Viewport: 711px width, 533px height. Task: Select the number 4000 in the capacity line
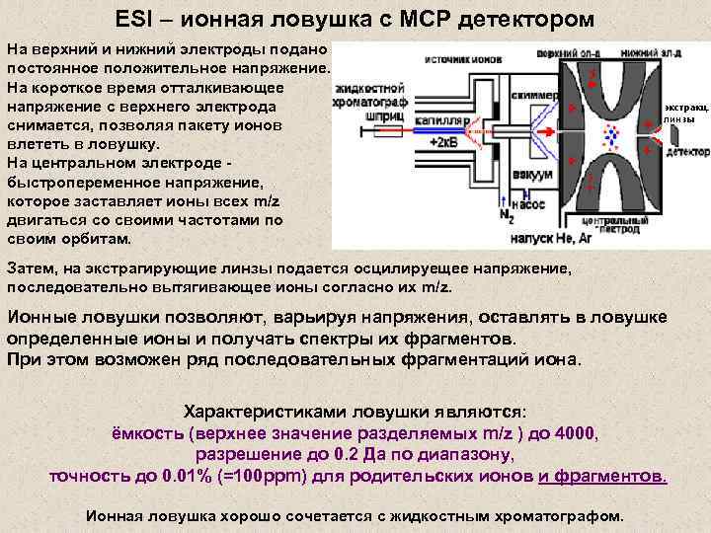click(x=577, y=433)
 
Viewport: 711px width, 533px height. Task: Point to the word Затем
click(x=32, y=268)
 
